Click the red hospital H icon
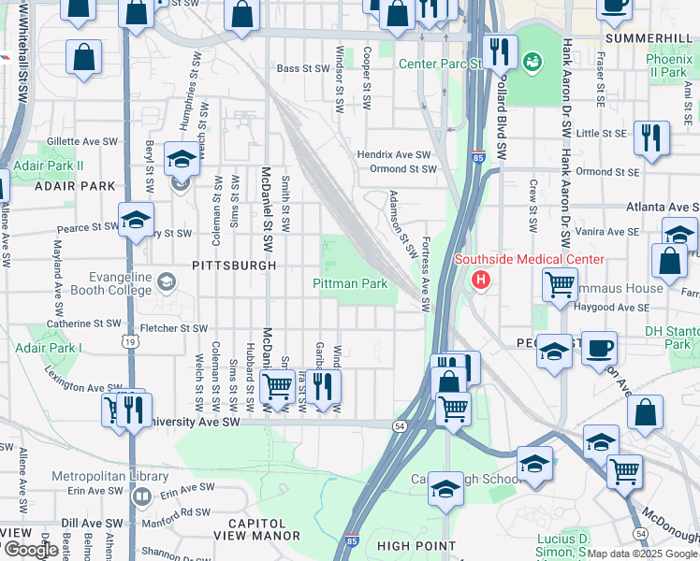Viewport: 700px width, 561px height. pos(481,279)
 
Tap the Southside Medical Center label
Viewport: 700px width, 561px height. pos(530,259)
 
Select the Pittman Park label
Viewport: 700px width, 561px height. pos(349,283)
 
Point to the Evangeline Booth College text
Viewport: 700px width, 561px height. pos(88,283)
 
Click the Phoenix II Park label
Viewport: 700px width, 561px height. pos(668,65)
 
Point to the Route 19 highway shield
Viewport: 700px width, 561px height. pos(130,342)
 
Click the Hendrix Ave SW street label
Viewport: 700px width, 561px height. pos(393,154)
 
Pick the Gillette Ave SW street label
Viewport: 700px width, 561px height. pos(82,140)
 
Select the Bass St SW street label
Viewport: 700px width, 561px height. pos(300,68)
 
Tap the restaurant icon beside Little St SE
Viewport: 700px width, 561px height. pos(650,137)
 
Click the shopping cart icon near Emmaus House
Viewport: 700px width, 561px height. pos(560,282)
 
